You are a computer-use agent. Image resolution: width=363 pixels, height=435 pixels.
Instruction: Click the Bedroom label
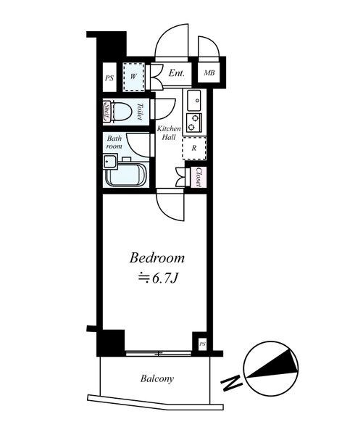click(157, 258)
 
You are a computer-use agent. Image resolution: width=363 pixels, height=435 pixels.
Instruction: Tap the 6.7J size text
click(158, 278)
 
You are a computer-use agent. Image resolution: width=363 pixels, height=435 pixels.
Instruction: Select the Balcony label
click(157, 379)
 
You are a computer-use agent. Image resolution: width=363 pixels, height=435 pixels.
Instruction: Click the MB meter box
click(209, 72)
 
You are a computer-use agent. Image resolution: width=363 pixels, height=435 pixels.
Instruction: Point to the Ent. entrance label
click(177, 73)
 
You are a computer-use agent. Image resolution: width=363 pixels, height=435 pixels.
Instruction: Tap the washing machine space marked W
click(134, 77)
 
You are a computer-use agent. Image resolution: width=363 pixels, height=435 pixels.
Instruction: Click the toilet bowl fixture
click(122, 112)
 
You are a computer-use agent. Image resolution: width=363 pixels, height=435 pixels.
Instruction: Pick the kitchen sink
click(194, 100)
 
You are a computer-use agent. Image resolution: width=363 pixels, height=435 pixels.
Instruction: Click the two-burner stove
click(194, 123)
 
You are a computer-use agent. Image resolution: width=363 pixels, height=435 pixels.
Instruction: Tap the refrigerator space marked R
click(194, 148)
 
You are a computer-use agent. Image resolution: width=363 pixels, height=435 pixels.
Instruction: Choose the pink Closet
click(199, 177)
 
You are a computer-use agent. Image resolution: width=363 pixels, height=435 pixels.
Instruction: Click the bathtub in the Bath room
click(125, 175)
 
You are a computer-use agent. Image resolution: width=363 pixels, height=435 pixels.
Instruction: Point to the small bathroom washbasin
click(109, 162)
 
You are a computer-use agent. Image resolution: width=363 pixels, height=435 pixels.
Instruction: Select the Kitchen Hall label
click(169, 133)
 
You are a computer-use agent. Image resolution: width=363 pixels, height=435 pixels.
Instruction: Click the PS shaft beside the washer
click(109, 78)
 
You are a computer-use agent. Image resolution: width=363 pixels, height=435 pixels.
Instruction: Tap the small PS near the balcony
click(202, 344)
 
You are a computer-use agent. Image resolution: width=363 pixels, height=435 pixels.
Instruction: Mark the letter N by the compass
click(231, 383)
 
